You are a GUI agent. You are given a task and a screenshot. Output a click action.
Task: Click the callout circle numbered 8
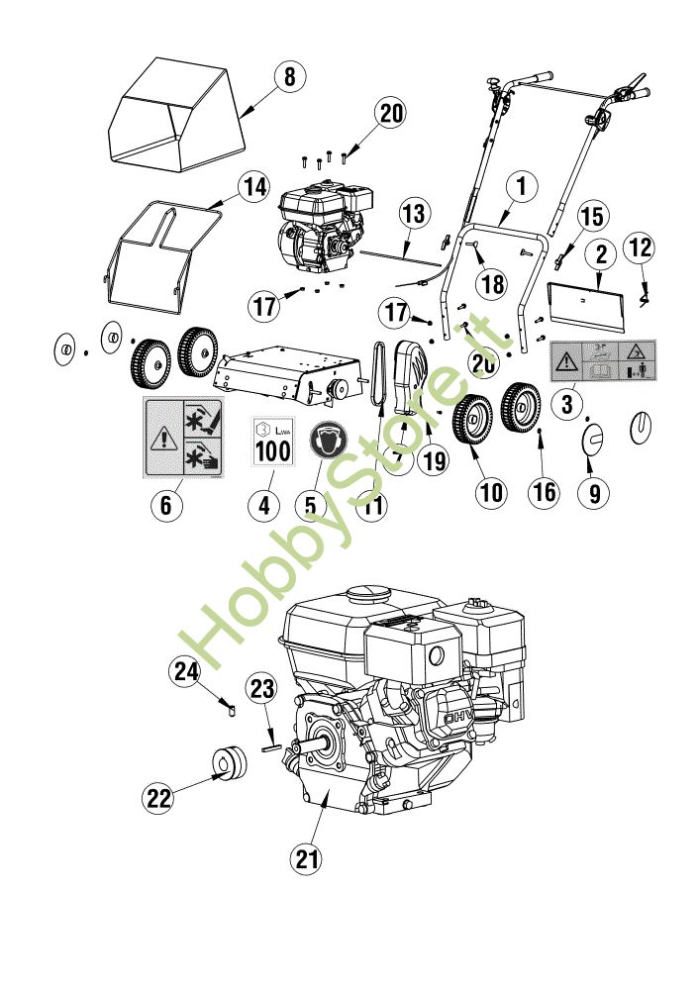pyautogui.click(x=289, y=77)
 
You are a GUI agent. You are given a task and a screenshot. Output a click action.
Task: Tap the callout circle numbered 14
pyautogui.click(x=253, y=185)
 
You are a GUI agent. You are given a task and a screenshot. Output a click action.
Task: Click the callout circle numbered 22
pyautogui.click(x=159, y=796)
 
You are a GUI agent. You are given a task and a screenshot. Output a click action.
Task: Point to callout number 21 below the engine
pyautogui.click(x=309, y=858)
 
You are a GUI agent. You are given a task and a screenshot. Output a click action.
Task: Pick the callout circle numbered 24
pyautogui.click(x=186, y=672)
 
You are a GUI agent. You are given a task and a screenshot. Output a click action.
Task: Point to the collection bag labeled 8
pyautogui.click(x=178, y=114)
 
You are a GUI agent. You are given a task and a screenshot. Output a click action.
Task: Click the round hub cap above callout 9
pyautogui.click(x=593, y=440)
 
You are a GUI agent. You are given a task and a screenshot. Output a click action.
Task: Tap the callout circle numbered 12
pyautogui.click(x=640, y=246)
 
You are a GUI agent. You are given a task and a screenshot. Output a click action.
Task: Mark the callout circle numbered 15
pyautogui.click(x=590, y=216)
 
